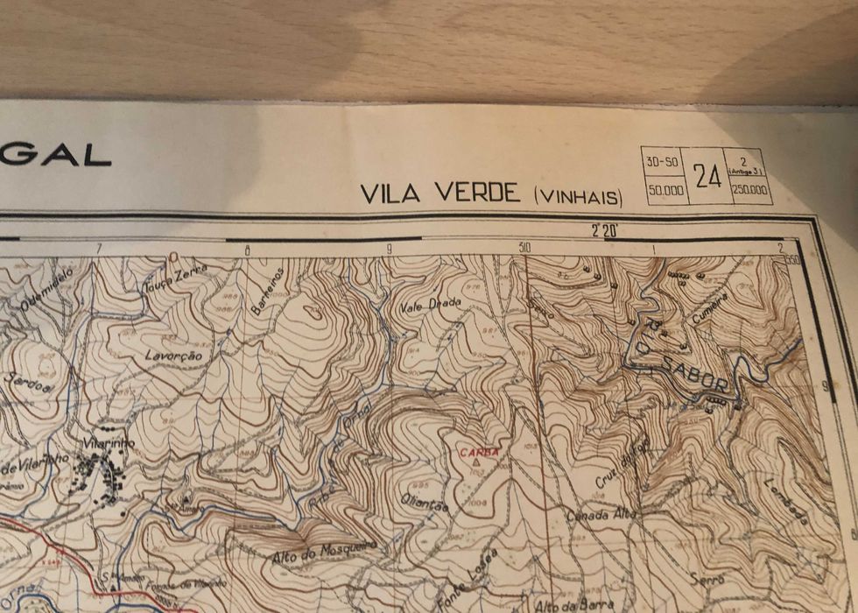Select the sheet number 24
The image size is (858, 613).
[x=707, y=176]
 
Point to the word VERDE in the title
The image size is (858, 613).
[x=476, y=194]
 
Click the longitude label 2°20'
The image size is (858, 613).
[x=604, y=231]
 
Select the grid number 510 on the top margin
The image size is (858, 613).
[x=524, y=248]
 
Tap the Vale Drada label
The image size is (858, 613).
[x=430, y=306]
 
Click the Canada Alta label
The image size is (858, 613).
[x=600, y=516]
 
